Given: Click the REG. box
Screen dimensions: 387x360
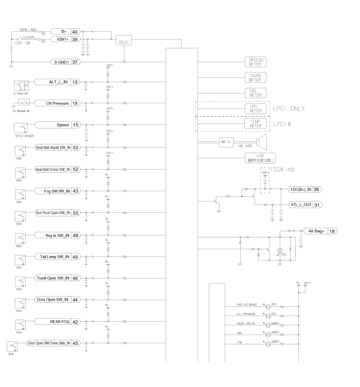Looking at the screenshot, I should click(124, 43).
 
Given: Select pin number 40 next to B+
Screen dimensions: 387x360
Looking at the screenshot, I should click(75, 31).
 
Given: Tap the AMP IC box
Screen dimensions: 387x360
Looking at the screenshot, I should click(226, 141).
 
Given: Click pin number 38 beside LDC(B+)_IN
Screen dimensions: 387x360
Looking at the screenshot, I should click(331, 189).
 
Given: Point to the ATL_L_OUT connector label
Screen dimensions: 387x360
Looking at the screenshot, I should click(300, 205).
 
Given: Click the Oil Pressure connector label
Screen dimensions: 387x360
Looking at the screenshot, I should click(57, 103).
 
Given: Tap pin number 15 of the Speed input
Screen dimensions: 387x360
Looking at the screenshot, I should click(75, 125).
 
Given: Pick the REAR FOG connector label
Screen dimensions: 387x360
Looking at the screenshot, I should click(60, 322).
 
